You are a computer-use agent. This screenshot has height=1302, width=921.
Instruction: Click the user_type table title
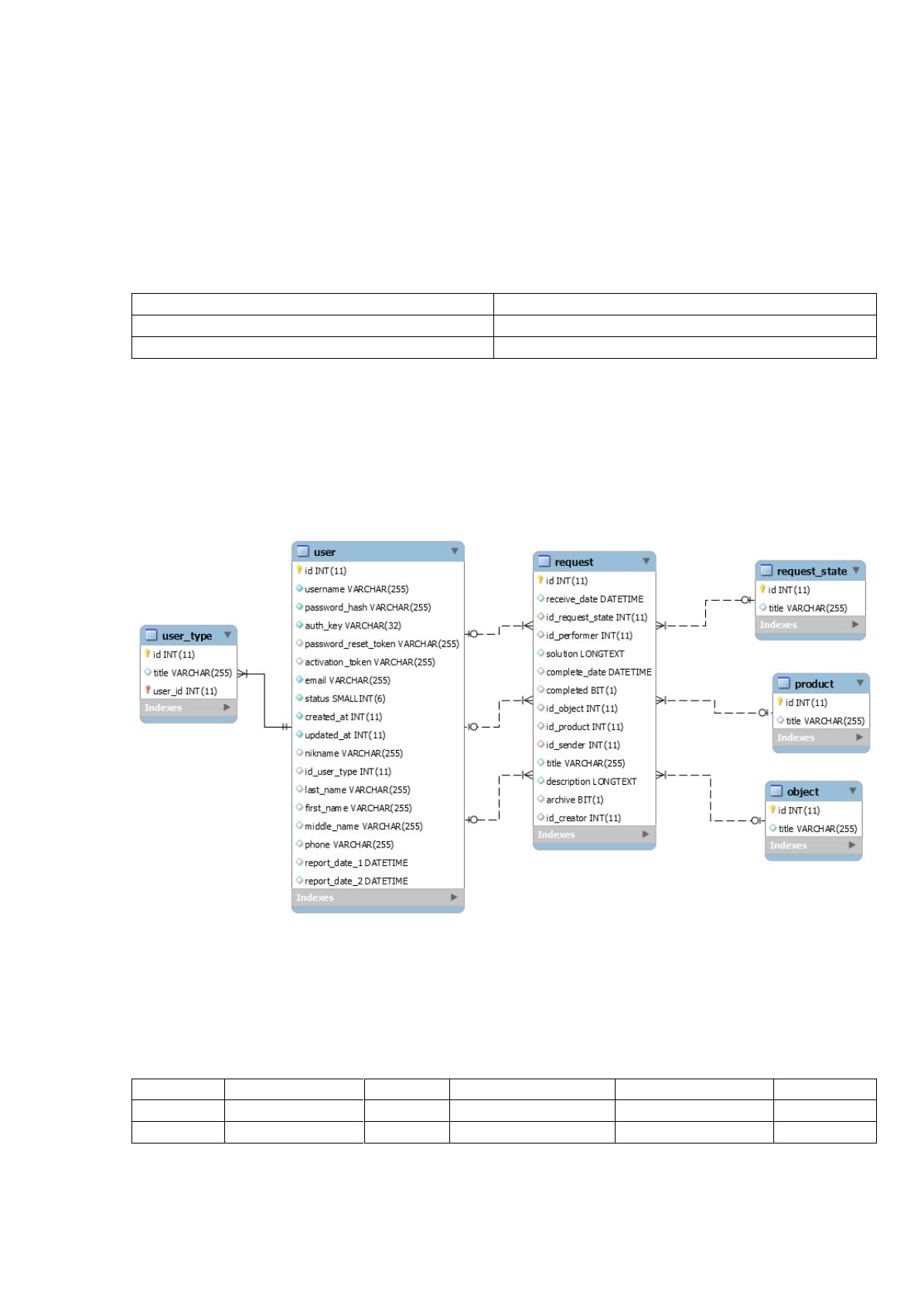pos(186,636)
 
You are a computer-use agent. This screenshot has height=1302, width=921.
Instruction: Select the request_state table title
pos(812,571)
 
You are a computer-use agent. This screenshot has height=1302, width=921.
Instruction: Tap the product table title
pos(814,684)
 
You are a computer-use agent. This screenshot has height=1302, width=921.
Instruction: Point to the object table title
pos(803,792)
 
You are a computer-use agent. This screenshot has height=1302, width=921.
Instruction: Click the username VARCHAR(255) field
pos(356,589)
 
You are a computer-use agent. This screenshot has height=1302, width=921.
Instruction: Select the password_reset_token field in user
pos(382,644)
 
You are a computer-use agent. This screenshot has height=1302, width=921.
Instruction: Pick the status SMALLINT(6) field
pos(345,699)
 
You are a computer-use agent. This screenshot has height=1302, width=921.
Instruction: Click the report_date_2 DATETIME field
pos(356,881)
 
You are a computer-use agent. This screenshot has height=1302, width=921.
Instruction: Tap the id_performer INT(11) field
pos(589,636)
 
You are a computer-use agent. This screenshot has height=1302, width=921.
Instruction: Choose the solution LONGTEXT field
pos(585,654)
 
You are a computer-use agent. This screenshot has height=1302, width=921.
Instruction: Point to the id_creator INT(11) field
pos(583,819)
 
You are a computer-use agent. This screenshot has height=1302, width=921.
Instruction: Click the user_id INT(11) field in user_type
pos(185,691)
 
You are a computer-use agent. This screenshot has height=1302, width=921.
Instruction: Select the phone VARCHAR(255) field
pos(349,844)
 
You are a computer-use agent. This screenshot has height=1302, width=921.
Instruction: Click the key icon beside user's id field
pos(298,571)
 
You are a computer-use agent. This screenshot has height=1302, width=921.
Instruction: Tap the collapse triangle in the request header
pos(646,561)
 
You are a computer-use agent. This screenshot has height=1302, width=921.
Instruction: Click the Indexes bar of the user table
pos(378,898)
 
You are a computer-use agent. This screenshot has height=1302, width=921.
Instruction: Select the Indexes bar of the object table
pos(814,845)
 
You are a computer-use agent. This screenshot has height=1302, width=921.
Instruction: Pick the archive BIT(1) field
pos(575,799)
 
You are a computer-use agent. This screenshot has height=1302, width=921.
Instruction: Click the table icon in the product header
pos(784,683)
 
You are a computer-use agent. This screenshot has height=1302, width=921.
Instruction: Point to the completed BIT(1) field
pos(582,690)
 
